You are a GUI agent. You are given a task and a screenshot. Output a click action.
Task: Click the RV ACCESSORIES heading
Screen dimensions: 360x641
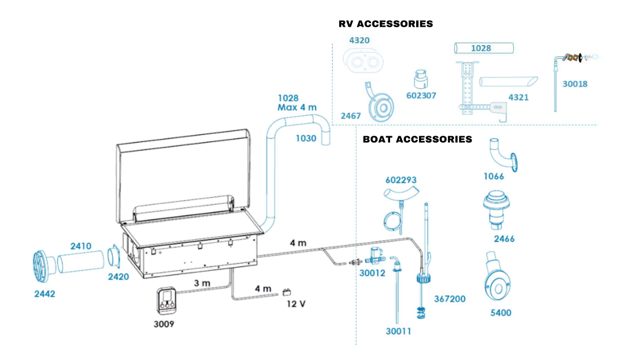[385, 24]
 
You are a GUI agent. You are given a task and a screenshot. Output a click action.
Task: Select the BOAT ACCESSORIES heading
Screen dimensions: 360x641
[417, 139]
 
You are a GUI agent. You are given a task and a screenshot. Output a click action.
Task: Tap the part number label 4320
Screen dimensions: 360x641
[359, 41]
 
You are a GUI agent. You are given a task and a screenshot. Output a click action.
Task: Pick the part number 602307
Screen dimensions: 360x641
[421, 95]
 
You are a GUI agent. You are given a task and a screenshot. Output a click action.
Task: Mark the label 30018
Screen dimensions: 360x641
[575, 84]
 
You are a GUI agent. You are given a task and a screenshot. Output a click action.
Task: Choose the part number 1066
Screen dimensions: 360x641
[494, 176]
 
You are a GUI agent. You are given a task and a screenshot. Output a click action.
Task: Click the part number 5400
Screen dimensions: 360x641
[501, 312]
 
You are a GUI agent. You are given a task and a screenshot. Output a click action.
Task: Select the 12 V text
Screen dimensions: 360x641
[296, 304]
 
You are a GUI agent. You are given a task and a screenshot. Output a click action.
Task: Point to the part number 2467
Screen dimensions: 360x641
[350, 116]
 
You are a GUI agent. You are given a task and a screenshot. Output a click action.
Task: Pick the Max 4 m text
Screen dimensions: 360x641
[297, 108]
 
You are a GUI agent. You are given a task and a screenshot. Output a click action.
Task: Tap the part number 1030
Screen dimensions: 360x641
[306, 139]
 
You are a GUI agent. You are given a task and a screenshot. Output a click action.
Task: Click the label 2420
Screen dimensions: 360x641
[118, 276]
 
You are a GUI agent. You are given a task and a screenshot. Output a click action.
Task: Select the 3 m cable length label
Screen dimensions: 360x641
[202, 283]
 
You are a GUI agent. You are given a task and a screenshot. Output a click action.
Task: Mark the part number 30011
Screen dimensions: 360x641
[398, 332]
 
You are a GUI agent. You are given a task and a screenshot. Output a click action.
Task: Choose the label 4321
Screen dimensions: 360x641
[518, 97]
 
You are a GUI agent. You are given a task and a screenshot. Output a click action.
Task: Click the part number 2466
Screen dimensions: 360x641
[504, 239]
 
